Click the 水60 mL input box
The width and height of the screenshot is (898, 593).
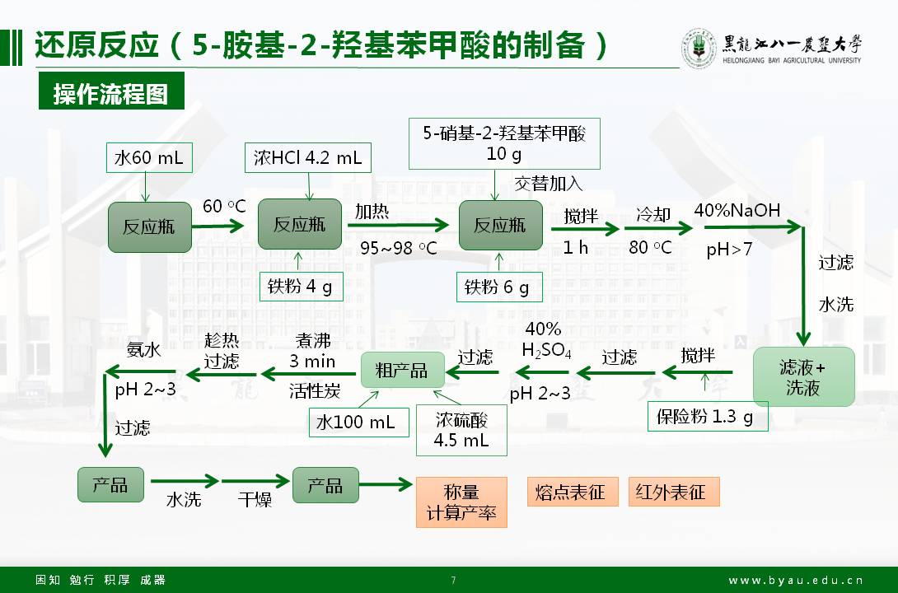click(x=148, y=156)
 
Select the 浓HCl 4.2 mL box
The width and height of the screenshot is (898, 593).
click(x=307, y=156)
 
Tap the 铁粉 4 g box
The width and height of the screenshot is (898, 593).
click(x=300, y=287)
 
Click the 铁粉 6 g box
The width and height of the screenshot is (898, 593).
click(x=497, y=287)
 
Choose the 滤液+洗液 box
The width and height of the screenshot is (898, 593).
click(x=803, y=377)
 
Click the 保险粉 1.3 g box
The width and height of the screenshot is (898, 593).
click(x=705, y=417)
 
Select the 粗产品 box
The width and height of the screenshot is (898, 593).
click(x=402, y=371)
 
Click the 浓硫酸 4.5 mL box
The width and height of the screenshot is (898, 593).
click(x=461, y=430)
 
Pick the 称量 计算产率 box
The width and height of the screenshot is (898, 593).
click(x=461, y=502)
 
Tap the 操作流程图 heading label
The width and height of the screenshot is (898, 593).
click(x=110, y=94)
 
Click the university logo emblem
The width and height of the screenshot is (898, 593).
click(x=699, y=48)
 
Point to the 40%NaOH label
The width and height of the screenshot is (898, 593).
click(x=737, y=210)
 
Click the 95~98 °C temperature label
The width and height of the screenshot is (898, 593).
click(x=399, y=247)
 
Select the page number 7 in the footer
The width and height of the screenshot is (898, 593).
click(x=452, y=580)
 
